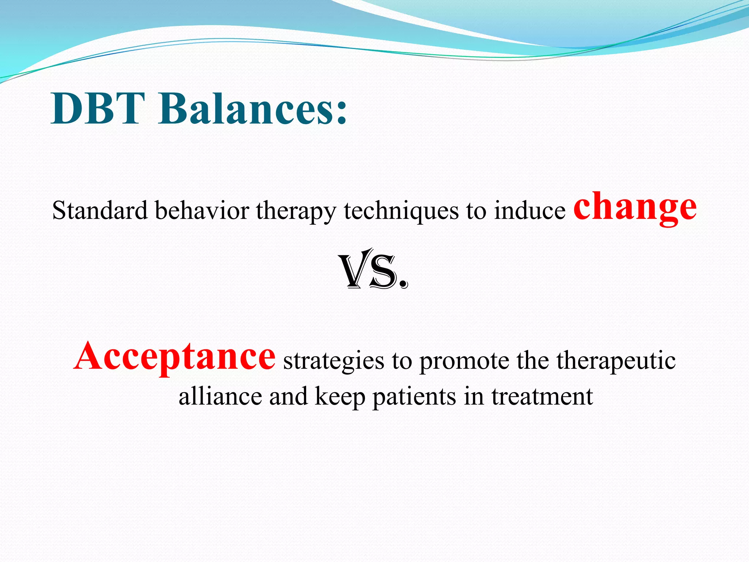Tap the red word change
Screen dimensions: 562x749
[635, 207]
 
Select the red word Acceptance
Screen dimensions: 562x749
[174, 356]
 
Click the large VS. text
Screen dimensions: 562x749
[373, 270]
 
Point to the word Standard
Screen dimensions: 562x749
[99, 211]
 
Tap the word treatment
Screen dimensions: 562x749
[542, 397]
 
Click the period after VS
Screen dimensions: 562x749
[403, 283]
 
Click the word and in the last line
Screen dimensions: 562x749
[289, 396]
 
